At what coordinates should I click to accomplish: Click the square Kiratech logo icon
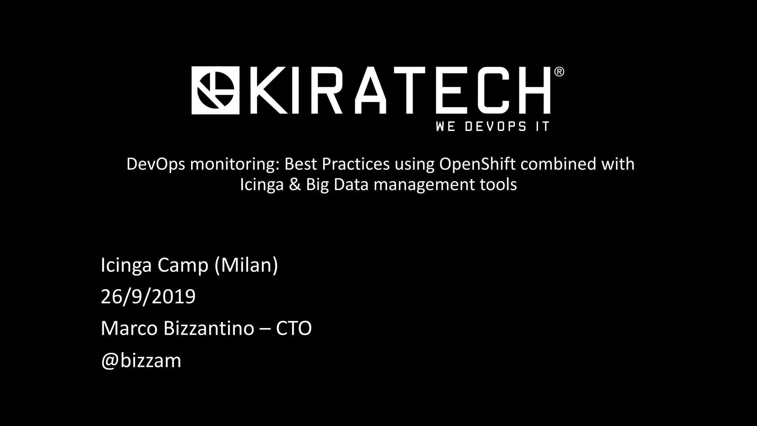(x=215, y=91)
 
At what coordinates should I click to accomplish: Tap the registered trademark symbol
(x=559, y=72)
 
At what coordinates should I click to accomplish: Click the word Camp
(x=183, y=265)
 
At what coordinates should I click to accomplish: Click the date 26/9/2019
(x=148, y=297)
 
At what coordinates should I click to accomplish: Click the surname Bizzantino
(x=209, y=328)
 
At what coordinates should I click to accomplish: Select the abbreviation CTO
(x=294, y=328)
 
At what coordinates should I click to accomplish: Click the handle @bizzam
(x=141, y=360)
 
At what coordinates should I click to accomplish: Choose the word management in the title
(x=424, y=184)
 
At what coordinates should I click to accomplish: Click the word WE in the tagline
(x=445, y=126)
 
